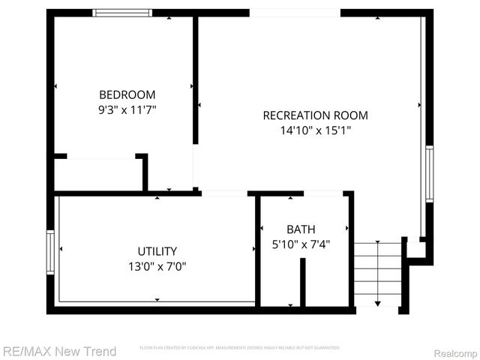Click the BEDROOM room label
[127, 94]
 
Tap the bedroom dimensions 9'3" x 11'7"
[127, 109]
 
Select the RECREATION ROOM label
[315, 115]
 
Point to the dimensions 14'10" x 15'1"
[315, 130]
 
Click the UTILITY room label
[157, 251]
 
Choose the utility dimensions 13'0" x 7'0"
[157, 265]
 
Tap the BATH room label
[301, 229]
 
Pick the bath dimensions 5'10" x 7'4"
[301, 244]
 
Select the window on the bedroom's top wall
[122, 13]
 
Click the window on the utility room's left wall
[50, 253]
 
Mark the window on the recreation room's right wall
[430, 173]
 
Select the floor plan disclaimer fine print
[240, 348]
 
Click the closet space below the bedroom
[99, 174]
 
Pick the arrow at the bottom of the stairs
[377, 303]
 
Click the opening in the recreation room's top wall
[295, 13]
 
